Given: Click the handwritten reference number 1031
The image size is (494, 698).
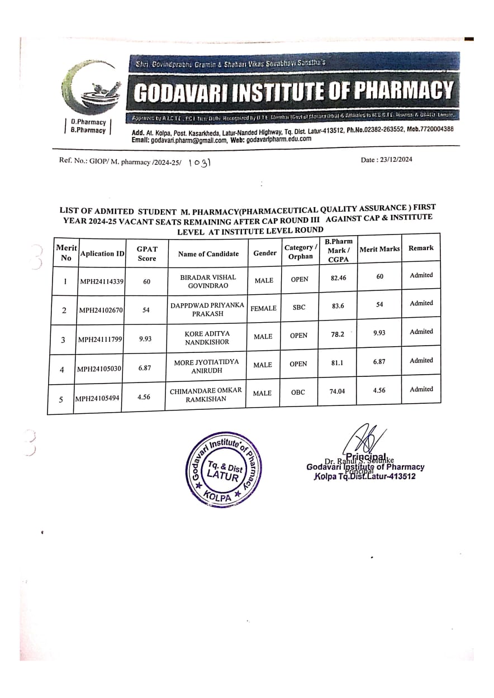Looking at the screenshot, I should pyautogui.click(x=199, y=162).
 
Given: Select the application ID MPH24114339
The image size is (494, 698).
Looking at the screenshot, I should pyautogui.click(x=101, y=281).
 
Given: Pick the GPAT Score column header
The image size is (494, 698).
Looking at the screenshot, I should pyautogui.click(x=147, y=254).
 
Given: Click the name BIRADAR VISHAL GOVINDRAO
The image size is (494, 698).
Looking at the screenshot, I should pyautogui.click(x=208, y=281).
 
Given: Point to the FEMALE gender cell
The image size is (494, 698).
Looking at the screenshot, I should pyautogui.click(x=263, y=308).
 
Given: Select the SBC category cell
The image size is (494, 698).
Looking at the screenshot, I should pyautogui.click(x=299, y=307).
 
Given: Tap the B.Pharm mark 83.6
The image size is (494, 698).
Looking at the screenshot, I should pyautogui.click(x=338, y=305).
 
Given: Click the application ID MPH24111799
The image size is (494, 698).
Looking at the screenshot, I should pyautogui.click(x=100, y=339).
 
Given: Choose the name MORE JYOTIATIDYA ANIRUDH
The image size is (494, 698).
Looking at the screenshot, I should pyautogui.click(x=206, y=366).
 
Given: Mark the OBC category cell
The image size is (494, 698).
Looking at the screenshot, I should pyautogui.click(x=298, y=392).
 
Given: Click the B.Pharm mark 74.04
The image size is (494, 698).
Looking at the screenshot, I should pyautogui.click(x=337, y=391).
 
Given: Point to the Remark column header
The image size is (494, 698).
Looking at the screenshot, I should pyautogui.click(x=421, y=248).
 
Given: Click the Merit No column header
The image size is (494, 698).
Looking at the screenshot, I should pyautogui.click(x=66, y=253).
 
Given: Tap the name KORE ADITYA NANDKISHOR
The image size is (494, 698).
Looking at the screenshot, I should pyautogui.click(x=207, y=337).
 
